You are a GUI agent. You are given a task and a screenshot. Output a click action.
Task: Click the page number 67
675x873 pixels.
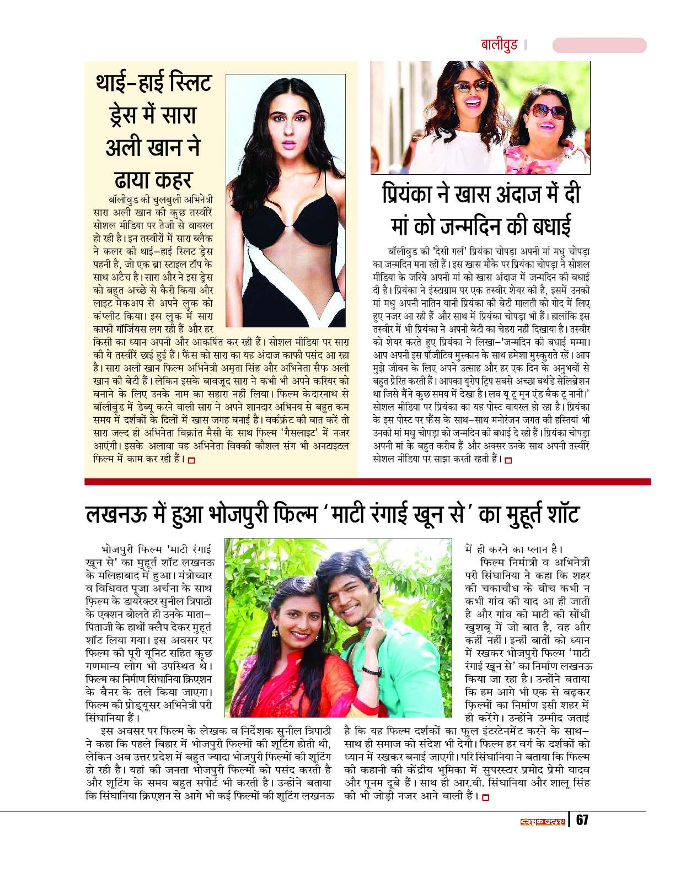[582, 820]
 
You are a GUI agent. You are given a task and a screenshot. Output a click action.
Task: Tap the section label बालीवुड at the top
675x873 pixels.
[499, 45]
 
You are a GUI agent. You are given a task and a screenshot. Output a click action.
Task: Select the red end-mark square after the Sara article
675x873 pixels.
[191, 460]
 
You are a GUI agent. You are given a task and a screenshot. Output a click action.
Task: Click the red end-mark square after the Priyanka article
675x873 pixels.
[508, 460]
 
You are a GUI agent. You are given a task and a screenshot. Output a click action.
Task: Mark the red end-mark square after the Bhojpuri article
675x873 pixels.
[485, 796]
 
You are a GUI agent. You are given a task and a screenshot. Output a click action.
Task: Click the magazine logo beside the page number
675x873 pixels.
[543, 820]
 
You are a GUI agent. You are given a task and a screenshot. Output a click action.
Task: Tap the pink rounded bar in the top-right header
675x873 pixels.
[599, 45]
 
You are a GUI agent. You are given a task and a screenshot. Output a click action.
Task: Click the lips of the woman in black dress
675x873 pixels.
[287, 144]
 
